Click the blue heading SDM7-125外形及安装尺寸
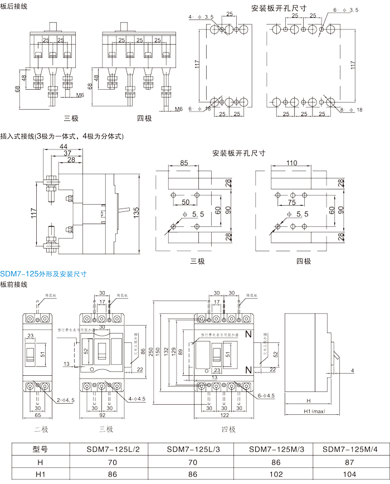tap(43, 274)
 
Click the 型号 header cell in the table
tap(41, 449)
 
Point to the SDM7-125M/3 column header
tap(273, 449)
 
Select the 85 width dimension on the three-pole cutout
tap(184, 163)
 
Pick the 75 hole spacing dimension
tap(291, 202)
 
